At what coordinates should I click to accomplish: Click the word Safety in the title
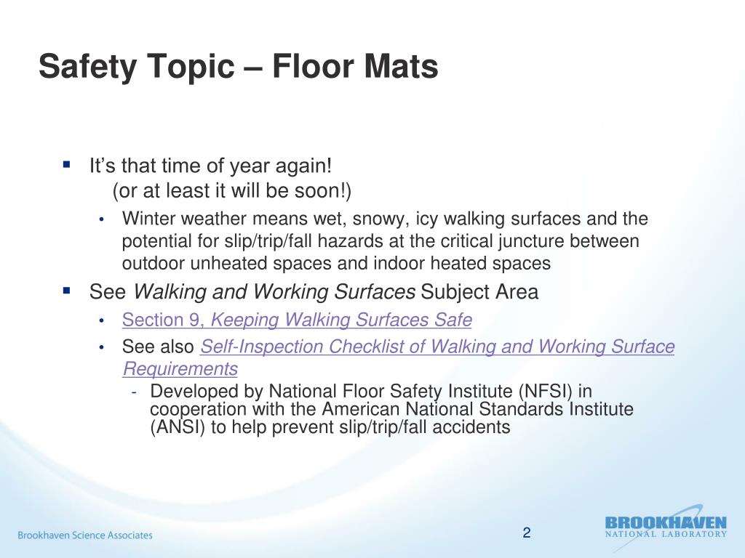click(x=87, y=66)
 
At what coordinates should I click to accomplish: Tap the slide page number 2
click(x=527, y=533)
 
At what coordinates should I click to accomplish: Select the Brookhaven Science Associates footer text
click(x=85, y=535)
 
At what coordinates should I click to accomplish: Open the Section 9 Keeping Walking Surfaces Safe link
click(x=297, y=320)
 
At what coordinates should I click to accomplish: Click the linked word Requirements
click(x=180, y=368)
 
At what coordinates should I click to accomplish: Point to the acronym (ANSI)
click(x=178, y=427)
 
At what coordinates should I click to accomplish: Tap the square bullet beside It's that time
click(x=66, y=165)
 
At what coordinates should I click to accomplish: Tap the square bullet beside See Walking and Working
click(x=66, y=290)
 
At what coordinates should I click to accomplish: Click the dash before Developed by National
click(x=135, y=392)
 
